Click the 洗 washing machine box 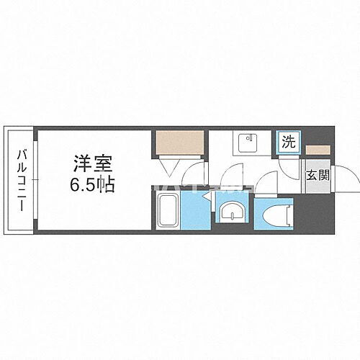[287, 143]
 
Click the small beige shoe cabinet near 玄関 [315, 150]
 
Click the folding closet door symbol [174, 167]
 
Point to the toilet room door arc [269, 184]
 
